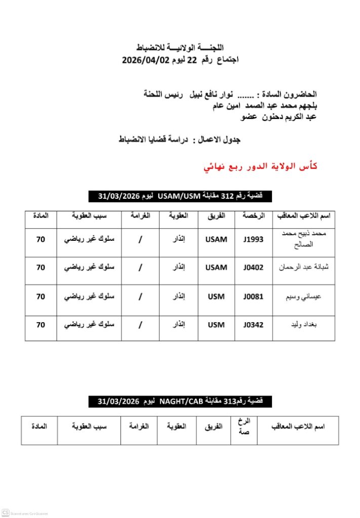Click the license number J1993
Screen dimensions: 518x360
click(x=253, y=239)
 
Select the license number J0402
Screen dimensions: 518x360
click(x=253, y=268)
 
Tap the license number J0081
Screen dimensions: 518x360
click(x=253, y=296)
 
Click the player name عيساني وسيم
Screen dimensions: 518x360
click(x=304, y=296)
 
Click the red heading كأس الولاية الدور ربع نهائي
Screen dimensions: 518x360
click(x=260, y=166)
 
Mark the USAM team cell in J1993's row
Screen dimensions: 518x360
click(x=216, y=239)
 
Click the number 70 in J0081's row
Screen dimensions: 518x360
click(x=41, y=296)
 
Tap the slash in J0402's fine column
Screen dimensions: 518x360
click(x=140, y=268)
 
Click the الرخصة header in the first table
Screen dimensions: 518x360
click(x=253, y=216)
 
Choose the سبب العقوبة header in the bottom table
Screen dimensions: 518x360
click(x=89, y=426)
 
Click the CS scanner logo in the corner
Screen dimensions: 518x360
click(x=6, y=512)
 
